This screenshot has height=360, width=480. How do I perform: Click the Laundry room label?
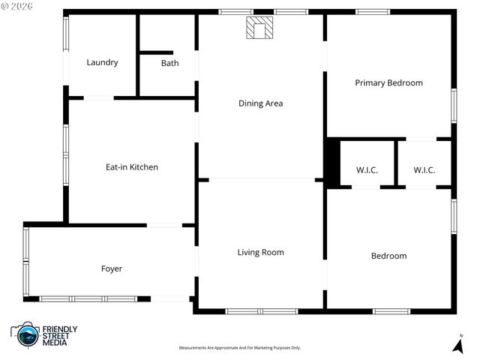pyautogui.click(x=102, y=62)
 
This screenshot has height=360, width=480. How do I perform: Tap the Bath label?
pyautogui.click(x=169, y=63)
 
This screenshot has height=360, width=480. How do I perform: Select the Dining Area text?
pyautogui.click(x=260, y=103)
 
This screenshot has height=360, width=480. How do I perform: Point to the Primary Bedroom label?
pyautogui.click(x=388, y=82)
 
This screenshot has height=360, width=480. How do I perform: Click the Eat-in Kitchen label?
pyautogui.click(x=132, y=167)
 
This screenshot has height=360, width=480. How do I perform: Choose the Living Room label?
pyautogui.click(x=260, y=253)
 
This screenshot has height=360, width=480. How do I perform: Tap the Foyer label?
pyautogui.click(x=112, y=268)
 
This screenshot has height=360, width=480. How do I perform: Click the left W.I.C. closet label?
pyautogui.click(x=367, y=170)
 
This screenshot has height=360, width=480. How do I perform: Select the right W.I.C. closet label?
pyautogui.click(x=424, y=170)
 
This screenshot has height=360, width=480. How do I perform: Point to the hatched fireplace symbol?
pyautogui.click(x=261, y=28)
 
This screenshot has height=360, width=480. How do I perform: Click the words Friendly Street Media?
pyautogui.click(x=59, y=335)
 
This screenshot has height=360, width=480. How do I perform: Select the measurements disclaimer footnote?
pyautogui.click(x=239, y=348)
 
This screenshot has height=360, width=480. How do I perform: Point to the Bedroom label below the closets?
pyautogui.click(x=388, y=256)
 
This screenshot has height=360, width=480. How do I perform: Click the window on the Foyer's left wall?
pyautogui.click(x=25, y=262)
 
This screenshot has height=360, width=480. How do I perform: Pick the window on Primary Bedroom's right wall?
pyautogui.click(x=453, y=105)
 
